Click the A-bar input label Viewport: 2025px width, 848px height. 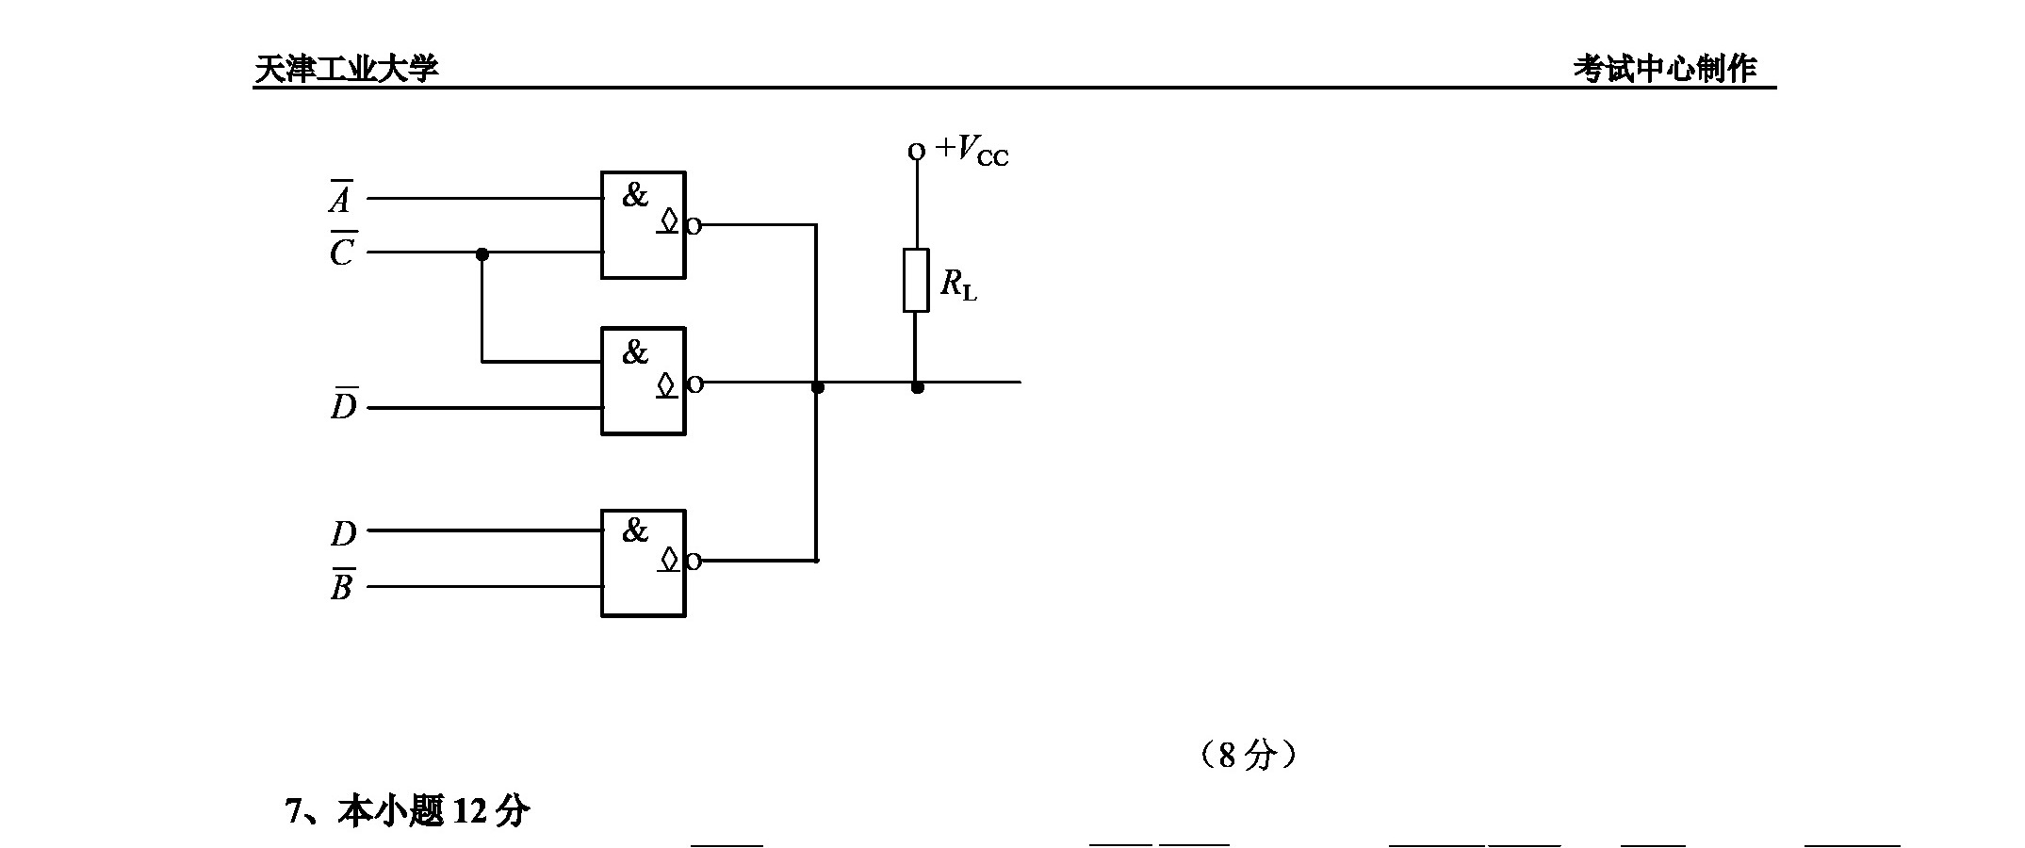point(340,196)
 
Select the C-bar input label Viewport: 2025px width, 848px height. point(342,249)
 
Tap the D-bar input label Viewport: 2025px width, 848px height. point(344,403)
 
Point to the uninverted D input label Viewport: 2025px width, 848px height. point(344,533)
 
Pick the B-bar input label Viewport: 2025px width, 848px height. point(342,584)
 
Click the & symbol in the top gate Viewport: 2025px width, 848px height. point(635,195)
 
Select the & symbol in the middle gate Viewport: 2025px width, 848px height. point(635,351)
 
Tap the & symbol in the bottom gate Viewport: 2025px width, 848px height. point(635,530)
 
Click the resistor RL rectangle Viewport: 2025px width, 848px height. point(916,280)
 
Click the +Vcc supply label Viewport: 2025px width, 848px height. point(972,151)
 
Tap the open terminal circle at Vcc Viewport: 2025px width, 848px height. point(916,151)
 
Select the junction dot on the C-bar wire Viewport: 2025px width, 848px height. point(482,253)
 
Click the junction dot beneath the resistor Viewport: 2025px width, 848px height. point(917,386)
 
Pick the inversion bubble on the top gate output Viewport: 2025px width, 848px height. point(694,225)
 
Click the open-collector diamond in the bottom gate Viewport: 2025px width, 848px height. point(668,559)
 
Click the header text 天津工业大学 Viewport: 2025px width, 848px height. point(347,69)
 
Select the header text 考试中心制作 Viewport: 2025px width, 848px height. point(1665,68)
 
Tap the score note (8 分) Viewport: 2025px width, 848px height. point(1249,754)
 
